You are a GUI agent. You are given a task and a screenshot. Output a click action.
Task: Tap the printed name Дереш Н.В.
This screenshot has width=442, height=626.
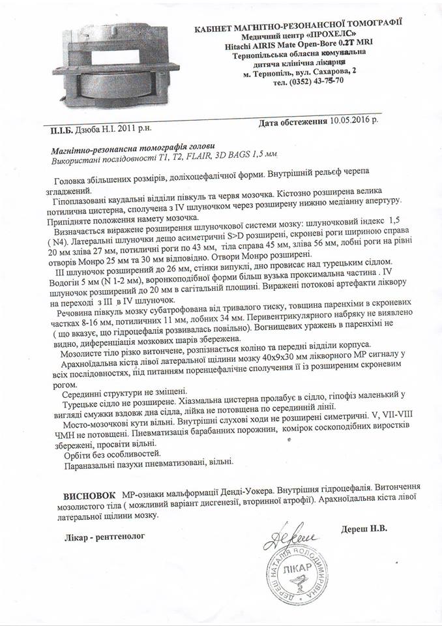(x=363, y=529)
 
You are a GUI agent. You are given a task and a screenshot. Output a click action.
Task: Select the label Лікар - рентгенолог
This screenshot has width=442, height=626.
(x=98, y=536)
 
